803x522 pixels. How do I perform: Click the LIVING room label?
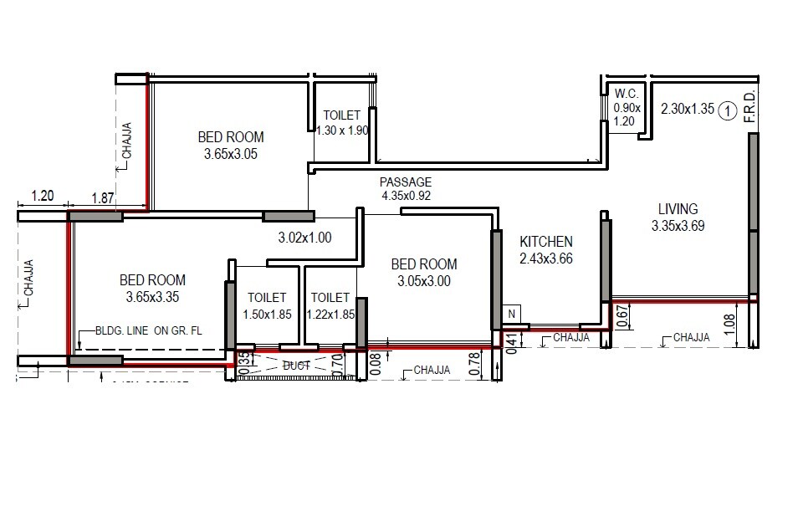coord(678,209)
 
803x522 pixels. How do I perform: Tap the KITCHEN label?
coord(545,242)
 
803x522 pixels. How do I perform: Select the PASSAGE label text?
coord(406,182)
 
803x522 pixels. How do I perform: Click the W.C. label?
coord(627,94)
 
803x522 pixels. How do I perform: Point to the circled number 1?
coord(728,109)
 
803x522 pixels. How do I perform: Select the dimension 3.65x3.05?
coord(231,154)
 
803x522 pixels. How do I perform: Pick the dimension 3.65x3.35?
coord(152,296)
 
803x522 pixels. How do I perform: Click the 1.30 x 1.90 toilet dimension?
coord(341,130)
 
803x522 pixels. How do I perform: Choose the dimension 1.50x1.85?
coord(267,314)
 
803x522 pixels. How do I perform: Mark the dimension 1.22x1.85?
coord(330,314)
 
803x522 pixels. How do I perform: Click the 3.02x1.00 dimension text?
coord(304,238)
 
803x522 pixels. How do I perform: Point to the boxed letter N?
coord(512,314)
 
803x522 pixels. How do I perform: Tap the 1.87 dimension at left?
coord(102,197)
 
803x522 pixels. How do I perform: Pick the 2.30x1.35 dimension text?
coord(687,109)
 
